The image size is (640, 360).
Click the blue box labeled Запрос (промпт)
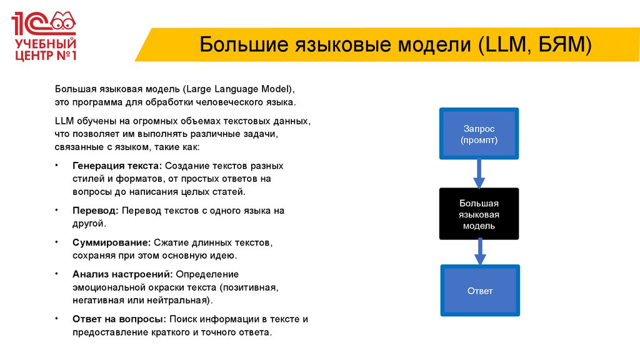(479, 134)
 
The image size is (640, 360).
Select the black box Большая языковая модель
(479, 214)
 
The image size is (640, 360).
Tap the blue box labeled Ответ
(479, 291)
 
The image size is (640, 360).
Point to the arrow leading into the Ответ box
(479, 252)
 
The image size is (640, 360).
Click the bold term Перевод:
(95, 211)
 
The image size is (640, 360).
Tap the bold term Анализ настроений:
(123, 274)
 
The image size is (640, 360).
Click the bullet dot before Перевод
(57, 210)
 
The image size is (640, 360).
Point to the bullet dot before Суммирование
(57, 241)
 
